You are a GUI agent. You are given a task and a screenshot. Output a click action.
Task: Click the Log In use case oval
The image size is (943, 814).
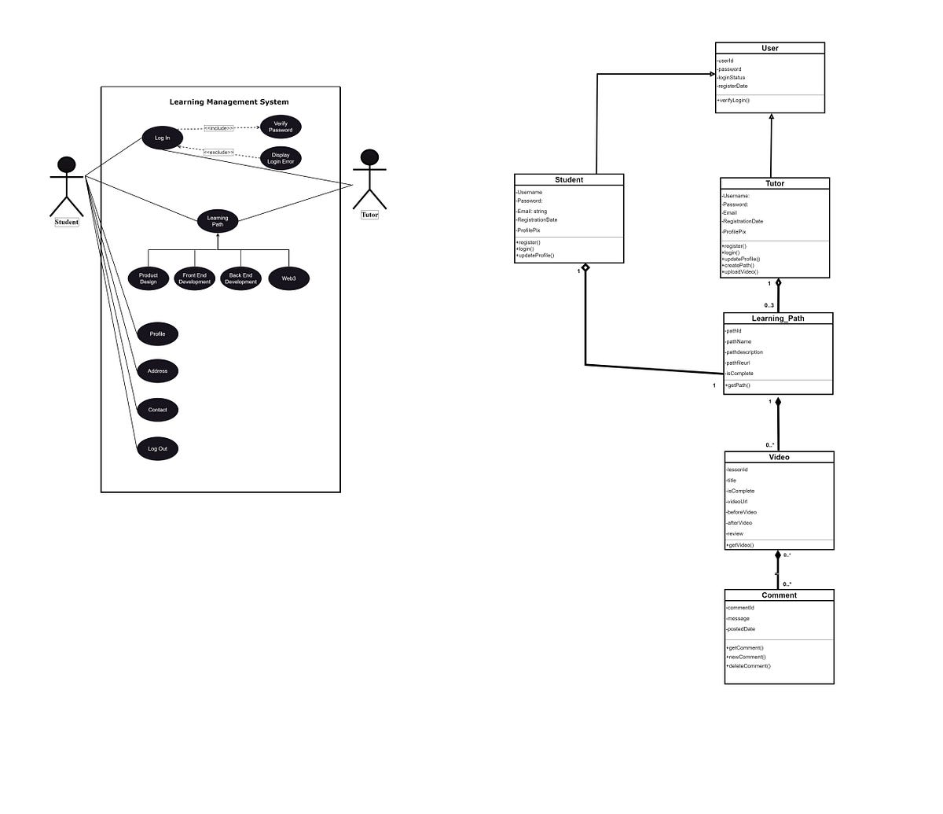(162, 138)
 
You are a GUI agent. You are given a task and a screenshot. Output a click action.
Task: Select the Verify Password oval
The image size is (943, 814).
(281, 127)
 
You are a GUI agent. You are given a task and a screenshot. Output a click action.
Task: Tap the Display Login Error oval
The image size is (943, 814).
(281, 158)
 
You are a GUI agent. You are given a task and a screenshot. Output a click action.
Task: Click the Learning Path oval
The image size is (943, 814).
(218, 221)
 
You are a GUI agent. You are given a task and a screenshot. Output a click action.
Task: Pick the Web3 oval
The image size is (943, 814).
(288, 278)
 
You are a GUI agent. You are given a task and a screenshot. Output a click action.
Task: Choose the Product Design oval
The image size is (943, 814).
(149, 278)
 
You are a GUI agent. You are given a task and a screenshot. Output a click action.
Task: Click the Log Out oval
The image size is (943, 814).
(157, 449)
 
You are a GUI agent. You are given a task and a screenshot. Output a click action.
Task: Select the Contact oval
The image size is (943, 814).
(157, 410)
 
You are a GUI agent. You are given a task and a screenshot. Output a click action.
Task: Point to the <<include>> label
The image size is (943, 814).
(218, 128)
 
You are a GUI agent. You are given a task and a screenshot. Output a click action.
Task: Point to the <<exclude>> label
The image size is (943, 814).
(218, 152)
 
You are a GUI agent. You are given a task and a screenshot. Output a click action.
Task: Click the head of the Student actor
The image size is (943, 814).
(67, 164)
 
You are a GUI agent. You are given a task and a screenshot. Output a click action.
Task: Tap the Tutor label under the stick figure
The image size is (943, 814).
(369, 215)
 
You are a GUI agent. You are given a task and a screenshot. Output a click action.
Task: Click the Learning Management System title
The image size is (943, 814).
(229, 102)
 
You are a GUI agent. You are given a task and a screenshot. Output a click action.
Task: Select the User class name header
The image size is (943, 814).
(770, 48)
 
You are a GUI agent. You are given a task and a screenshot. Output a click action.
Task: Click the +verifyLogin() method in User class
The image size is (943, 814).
(734, 101)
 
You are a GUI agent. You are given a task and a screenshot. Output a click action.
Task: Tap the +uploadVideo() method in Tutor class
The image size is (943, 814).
(740, 272)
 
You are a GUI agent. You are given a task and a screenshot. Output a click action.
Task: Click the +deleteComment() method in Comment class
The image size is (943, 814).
(748, 666)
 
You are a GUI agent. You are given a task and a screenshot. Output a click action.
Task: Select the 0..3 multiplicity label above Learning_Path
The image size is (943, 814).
(769, 305)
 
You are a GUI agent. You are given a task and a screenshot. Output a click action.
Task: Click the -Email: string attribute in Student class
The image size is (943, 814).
(532, 211)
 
